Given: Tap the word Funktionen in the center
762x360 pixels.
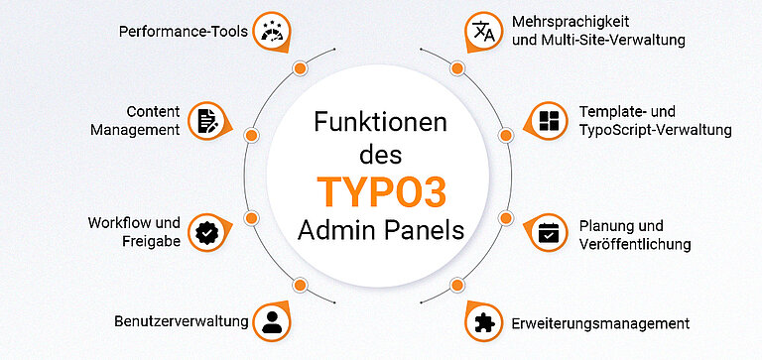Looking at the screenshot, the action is [x=381, y=123].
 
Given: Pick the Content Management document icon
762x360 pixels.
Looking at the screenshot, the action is [x=205, y=121].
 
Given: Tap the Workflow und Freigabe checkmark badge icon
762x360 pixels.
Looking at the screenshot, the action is [x=206, y=232].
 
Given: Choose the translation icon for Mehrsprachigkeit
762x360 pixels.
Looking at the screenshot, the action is [x=484, y=32].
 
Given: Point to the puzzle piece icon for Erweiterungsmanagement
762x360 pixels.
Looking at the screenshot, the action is [x=485, y=322].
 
